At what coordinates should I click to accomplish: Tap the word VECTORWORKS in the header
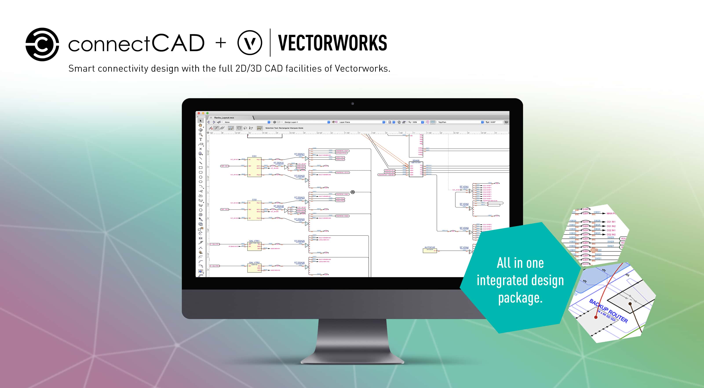tap(332, 43)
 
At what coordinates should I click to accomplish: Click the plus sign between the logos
tap(221, 43)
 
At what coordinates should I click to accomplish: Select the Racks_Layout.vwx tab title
tap(224, 118)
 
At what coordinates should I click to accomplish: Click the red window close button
tap(199, 113)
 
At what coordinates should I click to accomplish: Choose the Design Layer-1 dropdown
tap(306, 122)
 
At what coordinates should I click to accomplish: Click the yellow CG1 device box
tap(254, 167)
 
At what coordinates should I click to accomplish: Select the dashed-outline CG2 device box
tap(254, 210)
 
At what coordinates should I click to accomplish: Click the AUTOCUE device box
tap(430, 250)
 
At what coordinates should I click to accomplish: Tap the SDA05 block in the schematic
tap(416, 170)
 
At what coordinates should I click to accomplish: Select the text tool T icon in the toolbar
tap(201, 139)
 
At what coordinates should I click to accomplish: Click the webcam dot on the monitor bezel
tap(352, 103)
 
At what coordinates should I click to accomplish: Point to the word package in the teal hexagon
tap(520, 298)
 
